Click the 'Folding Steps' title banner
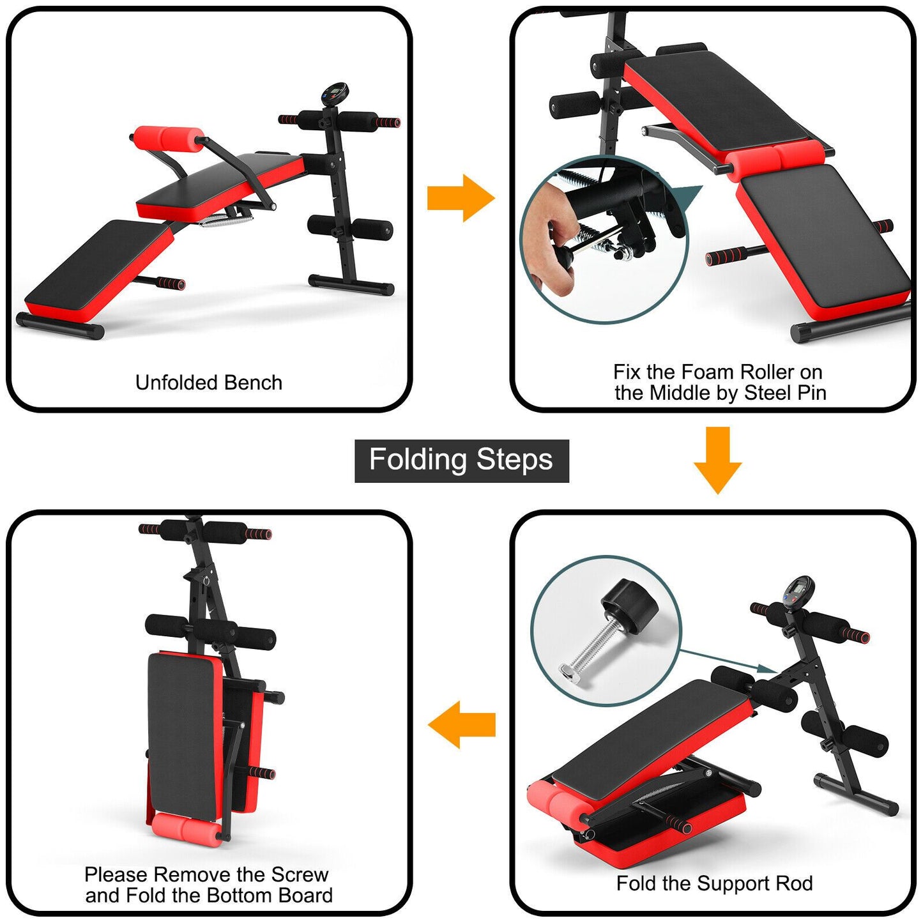point(461,461)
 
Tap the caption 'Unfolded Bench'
point(208,383)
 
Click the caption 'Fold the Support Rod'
point(714,883)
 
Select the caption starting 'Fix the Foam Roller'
point(719,382)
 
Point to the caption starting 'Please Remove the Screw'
point(209,885)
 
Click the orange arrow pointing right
point(460,198)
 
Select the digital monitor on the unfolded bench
point(334,95)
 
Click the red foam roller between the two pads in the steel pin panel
point(775,158)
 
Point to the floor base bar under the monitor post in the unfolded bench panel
point(351,284)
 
